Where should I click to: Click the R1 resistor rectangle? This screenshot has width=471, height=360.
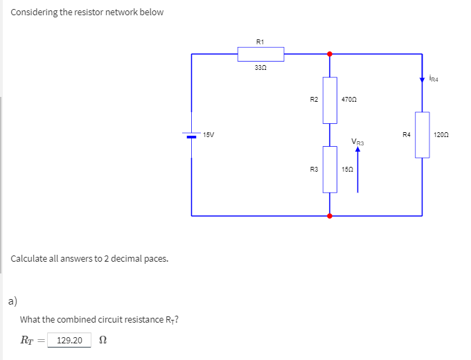260,54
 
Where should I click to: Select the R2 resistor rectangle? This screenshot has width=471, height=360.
330,100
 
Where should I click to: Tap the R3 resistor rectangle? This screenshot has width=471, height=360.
330,169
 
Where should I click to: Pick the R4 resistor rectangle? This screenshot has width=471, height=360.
423,134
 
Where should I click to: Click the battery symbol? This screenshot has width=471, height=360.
192,135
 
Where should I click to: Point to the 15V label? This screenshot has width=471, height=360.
209,134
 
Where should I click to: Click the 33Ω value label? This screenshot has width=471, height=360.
260,68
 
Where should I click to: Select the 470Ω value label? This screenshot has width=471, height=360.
349,100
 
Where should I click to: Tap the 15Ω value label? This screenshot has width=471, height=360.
347,169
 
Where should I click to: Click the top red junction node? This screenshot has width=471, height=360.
330,53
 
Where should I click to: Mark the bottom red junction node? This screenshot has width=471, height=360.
330,216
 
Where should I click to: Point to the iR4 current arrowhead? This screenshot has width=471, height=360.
423,80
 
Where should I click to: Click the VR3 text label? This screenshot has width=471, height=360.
357,143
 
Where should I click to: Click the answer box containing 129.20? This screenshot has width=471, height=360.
69,340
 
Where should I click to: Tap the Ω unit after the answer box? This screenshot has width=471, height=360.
103,340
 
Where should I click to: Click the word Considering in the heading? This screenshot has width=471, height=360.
35,12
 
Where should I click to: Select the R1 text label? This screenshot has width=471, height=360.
260,42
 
